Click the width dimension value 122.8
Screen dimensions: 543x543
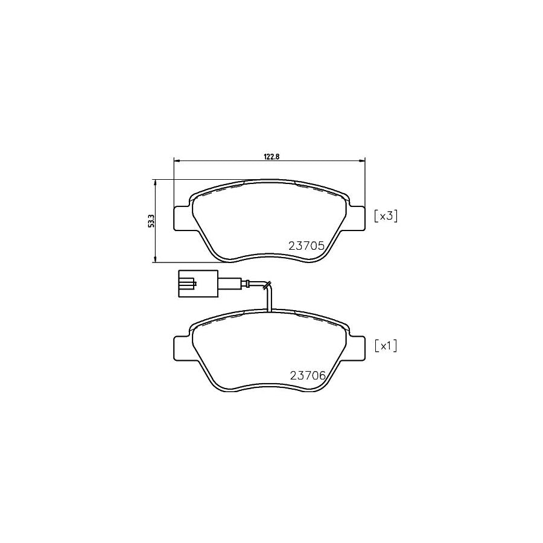pos(269,156)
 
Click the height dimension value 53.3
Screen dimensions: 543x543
pos(151,221)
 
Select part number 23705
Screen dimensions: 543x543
pos(307,246)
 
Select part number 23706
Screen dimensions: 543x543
pos(307,375)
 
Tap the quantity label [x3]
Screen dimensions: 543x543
pos(386,216)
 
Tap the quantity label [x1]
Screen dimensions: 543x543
pos(386,346)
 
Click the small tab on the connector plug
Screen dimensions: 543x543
pos(192,282)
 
